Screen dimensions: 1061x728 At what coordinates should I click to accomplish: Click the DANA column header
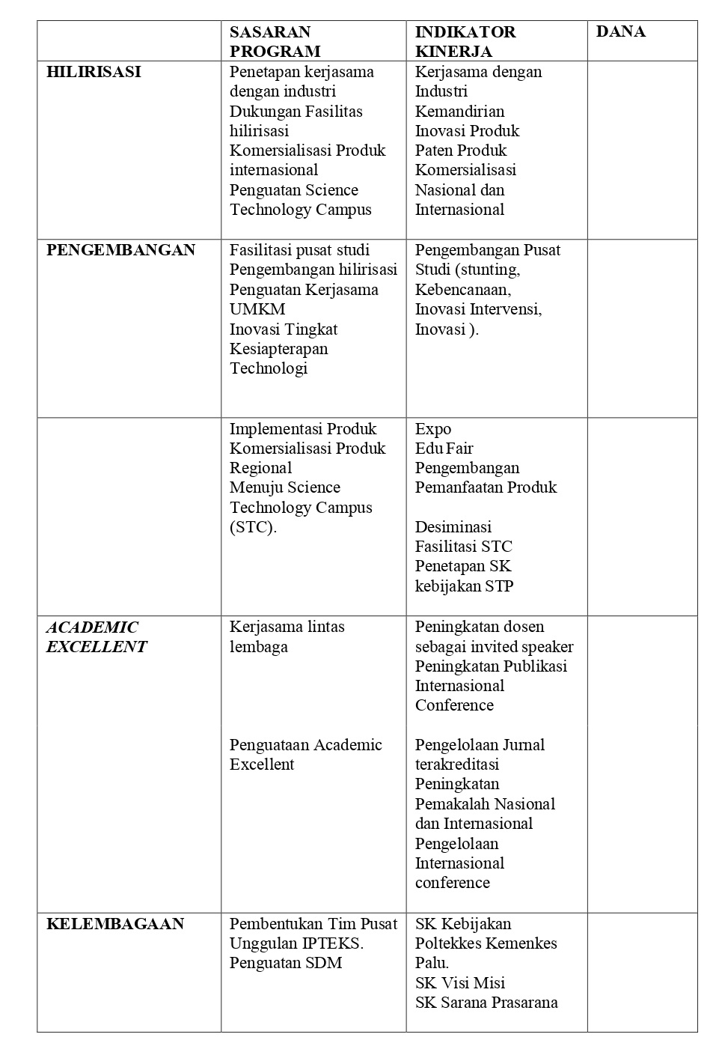(620, 32)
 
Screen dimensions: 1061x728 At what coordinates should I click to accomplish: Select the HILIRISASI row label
(94, 73)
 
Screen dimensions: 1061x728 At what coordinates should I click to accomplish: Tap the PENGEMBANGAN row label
(120, 250)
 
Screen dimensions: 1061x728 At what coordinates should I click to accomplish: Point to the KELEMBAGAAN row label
(115, 924)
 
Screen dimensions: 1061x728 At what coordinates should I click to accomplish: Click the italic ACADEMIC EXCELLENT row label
(97, 637)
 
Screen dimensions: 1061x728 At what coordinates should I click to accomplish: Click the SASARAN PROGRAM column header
(275, 42)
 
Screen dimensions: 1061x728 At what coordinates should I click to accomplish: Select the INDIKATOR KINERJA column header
(465, 42)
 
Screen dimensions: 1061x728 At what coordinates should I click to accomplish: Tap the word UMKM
(257, 309)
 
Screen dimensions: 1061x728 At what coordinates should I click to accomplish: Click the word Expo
(433, 429)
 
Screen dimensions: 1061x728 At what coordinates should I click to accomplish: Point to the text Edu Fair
(444, 449)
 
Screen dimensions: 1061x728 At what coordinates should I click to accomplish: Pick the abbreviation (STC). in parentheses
(253, 527)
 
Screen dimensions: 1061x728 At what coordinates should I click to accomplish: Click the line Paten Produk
(461, 151)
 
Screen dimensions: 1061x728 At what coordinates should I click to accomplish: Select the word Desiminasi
(453, 527)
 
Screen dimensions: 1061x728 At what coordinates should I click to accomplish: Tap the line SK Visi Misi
(460, 983)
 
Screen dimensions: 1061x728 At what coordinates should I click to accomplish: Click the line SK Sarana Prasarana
(486, 1003)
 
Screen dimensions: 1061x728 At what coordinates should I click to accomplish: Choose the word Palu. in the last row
(432, 963)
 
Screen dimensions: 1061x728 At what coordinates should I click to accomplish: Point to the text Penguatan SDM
(286, 963)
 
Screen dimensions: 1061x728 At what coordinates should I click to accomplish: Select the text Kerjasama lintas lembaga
(287, 636)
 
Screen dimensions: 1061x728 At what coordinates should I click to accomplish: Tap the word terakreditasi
(457, 764)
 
